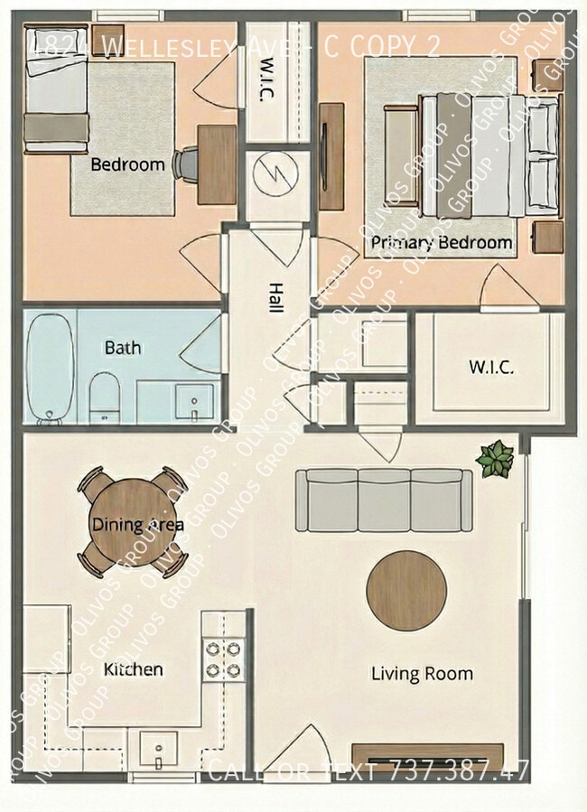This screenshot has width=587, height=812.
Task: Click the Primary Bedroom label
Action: pos(442,243)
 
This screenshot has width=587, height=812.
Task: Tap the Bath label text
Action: pos(123,347)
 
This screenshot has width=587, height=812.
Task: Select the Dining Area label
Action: pos(137,525)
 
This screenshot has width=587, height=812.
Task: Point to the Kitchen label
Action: pos(134,669)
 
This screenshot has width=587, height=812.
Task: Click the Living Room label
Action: pos(422,674)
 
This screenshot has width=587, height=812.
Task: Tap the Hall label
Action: pos(272,296)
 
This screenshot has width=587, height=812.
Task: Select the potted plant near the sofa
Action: pos(495,459)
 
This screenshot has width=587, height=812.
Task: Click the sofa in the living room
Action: pos(385,500)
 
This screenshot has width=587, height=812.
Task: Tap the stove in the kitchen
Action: pos(224,659)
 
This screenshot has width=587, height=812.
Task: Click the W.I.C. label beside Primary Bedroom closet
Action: pos(490,368)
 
